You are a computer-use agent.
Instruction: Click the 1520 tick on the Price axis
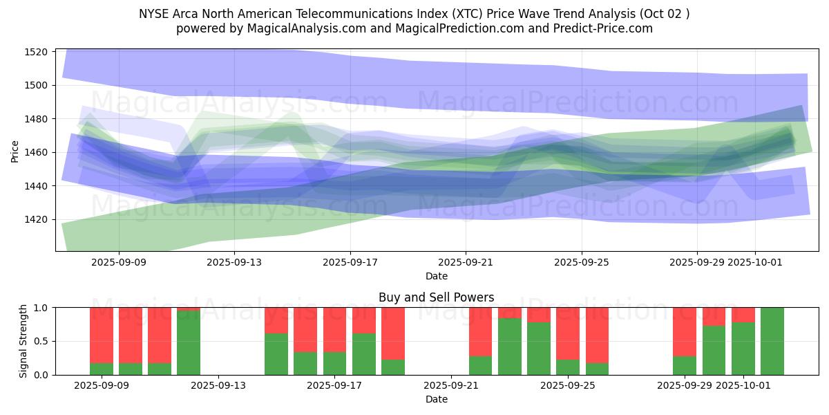point(37,52)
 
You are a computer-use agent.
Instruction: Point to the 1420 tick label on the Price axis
point(37,219)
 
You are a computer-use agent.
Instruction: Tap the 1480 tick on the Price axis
point(37,119)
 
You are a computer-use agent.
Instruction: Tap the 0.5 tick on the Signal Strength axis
point(41,341)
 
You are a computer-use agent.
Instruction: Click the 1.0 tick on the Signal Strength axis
point(41,308)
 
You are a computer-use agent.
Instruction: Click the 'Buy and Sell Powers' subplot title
point(436,297)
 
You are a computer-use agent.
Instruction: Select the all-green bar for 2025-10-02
point(772,341)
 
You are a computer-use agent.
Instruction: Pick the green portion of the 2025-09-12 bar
point(189,343)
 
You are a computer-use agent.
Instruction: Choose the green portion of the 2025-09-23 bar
point(510,347)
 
